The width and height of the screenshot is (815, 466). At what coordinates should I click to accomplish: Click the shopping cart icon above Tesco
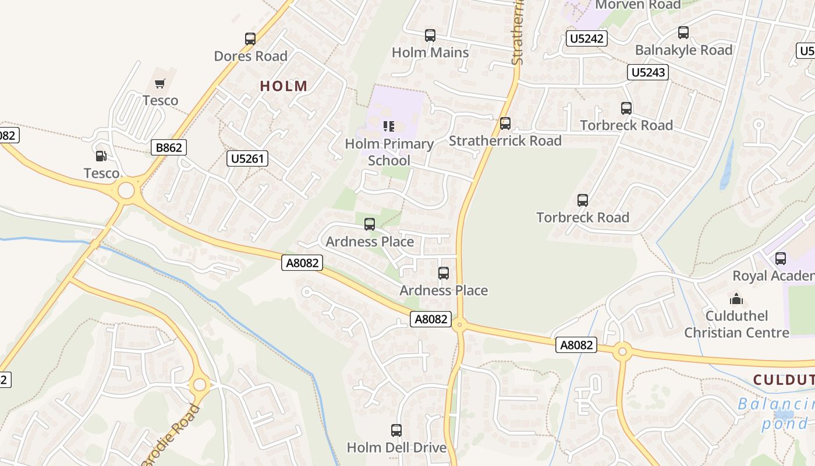[x=160, y=83]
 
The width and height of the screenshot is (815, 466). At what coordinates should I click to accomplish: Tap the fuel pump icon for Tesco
[x=101, y=156]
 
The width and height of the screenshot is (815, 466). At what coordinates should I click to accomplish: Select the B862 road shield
[x=169, y=147]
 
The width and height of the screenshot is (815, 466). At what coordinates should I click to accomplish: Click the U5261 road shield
[x=247, y=158]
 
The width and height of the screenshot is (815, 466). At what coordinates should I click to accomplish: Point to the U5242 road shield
[x=587, y=39]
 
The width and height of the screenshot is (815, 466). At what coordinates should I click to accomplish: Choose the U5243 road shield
[x=647, y=72]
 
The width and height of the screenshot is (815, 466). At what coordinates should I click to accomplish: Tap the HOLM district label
[x=284, y=86]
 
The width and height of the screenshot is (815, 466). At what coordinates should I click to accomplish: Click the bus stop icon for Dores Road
[x=250, y=39]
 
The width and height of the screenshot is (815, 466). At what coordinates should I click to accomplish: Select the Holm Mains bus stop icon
[x=430, y=36]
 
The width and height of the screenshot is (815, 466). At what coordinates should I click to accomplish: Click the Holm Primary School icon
[x=389, y=126]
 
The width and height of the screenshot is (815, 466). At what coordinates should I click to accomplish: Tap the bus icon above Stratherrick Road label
[x=505, y=123]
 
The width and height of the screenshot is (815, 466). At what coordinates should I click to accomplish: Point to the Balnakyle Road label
[x=683, y=50]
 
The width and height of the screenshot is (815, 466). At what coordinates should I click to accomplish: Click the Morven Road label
[x=637, y=5]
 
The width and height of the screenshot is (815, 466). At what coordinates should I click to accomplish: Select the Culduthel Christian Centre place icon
[x=736, y=299]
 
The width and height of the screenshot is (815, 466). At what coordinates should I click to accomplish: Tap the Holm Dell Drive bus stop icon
[x=396, y=430]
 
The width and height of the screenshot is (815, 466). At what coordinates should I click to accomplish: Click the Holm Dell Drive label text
[x=396, y=447]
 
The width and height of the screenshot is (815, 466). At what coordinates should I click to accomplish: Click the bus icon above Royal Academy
[x=781, y=258]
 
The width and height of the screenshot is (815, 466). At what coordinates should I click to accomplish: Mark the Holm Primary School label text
[x=389, y=152]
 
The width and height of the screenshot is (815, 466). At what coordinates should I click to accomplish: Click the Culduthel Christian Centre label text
[x=736, y=324]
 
